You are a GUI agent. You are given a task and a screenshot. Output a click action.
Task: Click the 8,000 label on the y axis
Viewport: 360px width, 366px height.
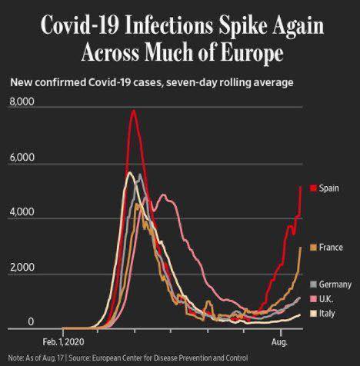click(22, 101)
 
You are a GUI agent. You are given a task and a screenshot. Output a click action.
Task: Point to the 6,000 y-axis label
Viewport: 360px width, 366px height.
click(22, 157)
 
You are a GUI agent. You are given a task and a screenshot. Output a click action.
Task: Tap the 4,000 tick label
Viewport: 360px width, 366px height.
click(22, 212)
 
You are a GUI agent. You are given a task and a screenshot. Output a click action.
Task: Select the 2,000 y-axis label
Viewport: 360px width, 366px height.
click(22, 268)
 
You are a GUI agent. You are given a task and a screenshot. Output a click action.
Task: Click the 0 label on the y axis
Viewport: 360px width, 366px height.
click(31, 321)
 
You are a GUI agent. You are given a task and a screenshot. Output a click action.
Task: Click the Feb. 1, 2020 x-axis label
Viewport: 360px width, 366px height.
click(63, 342)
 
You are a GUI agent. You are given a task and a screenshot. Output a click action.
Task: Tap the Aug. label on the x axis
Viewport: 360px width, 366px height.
click(279, 342)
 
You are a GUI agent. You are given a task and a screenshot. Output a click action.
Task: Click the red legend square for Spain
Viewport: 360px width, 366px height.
click(313, 188)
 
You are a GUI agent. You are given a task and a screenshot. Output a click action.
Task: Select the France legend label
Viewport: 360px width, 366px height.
click(331, 248)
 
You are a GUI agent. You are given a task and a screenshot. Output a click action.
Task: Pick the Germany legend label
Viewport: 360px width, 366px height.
click(335, 284)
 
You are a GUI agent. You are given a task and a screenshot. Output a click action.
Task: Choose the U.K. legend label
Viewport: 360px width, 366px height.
click(326, 299)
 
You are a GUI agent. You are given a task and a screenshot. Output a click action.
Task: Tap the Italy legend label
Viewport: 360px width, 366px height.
click(327, 313)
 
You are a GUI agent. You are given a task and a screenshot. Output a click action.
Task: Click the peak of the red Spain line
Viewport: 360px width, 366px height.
click(134, 110)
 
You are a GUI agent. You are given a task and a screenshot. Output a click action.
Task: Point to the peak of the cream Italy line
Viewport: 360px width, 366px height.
click(130, 172)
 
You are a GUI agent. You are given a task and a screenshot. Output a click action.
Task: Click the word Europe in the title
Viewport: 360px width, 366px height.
click(252, 52)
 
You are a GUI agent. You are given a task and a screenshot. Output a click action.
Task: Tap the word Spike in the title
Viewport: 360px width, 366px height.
click(243, 25)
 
